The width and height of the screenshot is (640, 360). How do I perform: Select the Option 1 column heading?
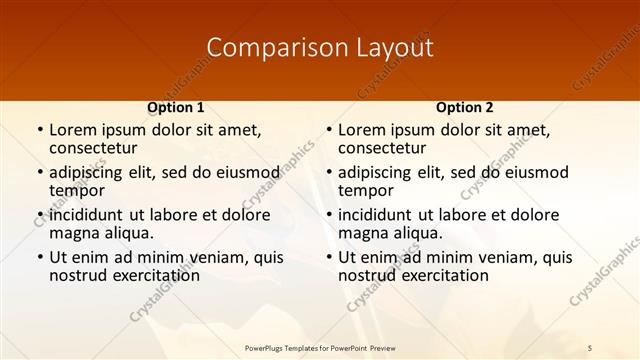click(176, 107)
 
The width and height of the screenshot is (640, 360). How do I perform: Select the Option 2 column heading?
click(465, 107)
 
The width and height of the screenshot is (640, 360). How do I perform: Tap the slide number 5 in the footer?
click(590, 347)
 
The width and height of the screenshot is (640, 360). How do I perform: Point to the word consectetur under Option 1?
click(92, 148)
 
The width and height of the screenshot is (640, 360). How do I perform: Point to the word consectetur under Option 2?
click(381, 148)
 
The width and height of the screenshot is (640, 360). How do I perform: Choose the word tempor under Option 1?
click(77, 190)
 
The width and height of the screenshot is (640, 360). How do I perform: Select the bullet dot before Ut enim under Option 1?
click(39, 258)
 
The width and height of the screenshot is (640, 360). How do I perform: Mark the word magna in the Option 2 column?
click(361, 233)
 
